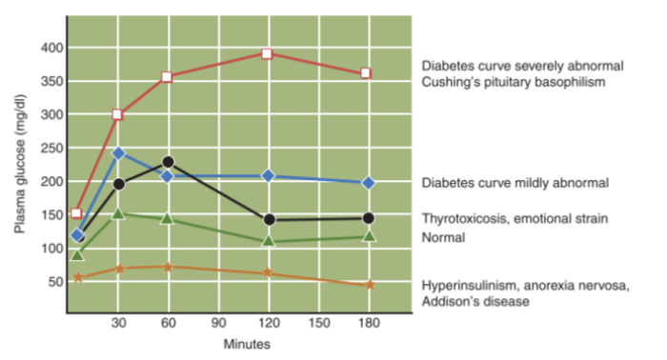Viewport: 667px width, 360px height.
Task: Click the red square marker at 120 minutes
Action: click(x=268, y=53)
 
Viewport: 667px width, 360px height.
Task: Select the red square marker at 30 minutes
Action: click(x=118, y=114)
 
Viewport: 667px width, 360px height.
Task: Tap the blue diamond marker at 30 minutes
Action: click(x=119, y=153)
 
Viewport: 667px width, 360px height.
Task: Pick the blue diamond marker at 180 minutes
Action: click(x=368, y=182)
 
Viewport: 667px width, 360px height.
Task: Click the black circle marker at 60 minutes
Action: click(x=168, y=163)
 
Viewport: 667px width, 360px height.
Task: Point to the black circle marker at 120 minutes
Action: click(x=269, y=220)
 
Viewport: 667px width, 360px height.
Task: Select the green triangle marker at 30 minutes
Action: click(x=118, y=213)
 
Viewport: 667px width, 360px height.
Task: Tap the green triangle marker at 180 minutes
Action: click(x=368, y=236)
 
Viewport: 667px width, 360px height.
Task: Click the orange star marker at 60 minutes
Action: click(x=168, y=267)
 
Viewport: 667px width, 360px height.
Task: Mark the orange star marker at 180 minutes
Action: click(x=369, y=285)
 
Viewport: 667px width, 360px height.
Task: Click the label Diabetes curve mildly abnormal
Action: click(x=515, y=182)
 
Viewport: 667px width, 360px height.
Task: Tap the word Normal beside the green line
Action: click(x=443, y=237)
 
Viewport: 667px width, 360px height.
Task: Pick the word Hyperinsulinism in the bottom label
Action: click(x=467, y=286)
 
